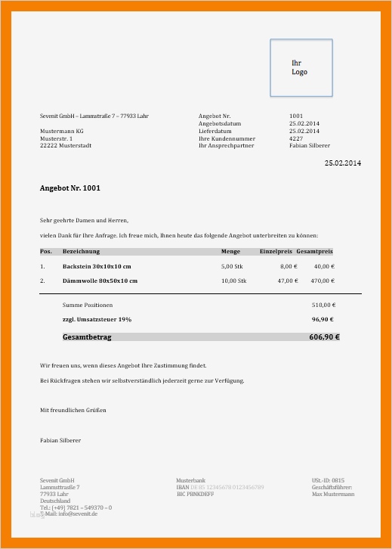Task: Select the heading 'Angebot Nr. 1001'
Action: coord(70,188)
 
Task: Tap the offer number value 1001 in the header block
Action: coord(296,116)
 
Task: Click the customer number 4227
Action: coord(296,138)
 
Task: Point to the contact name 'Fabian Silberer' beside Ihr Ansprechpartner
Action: coord(309,146)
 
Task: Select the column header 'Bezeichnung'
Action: coord(81,251)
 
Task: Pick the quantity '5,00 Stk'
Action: coord(233,266)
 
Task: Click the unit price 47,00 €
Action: coord(288,281)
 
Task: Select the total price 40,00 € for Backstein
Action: coord(324,266)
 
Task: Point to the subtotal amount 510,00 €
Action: coord(323,305)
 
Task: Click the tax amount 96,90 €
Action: coord(323,320)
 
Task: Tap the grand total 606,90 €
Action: coord(324,337)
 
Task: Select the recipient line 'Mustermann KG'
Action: coord(61,132)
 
